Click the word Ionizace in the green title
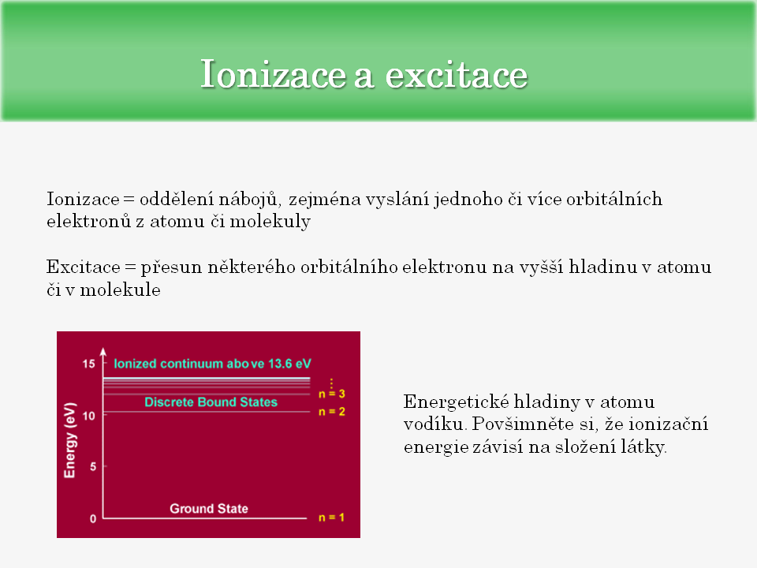click(274, 74)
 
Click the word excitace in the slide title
click(457, 76)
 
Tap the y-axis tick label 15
click(89, 364)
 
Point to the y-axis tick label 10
click(89, 416)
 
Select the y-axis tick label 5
click(93, 466)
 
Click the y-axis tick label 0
click(93, 519)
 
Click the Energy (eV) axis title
click(70, 440)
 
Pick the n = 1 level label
click(331, 518)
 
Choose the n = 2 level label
click(332, 412)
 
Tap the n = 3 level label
click(332, 394)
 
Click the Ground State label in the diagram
click(208, 509)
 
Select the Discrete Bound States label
click(211, 402)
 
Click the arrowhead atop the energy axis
click(103, 352)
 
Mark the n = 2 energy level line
click(207, 412)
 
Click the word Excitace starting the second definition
click(83, 267)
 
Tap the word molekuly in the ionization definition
click(270, 222)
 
